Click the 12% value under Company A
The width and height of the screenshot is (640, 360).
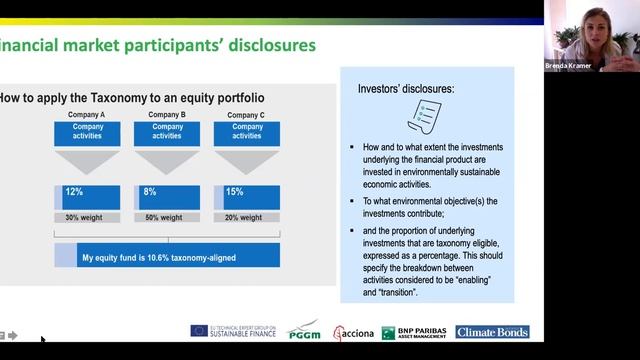(x=73, y=191)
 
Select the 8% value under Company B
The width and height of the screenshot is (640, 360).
(x=150, y=191)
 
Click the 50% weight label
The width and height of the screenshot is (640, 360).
(x=165, y=217)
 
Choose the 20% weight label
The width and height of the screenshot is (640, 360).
(x=245, y=217)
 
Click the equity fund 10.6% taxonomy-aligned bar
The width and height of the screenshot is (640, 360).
(x=167, y=255)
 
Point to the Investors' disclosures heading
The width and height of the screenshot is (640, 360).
(x=406, y=88)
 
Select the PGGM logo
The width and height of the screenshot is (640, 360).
(x=304, y=331)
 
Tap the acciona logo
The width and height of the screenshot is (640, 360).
(x=354, y=332)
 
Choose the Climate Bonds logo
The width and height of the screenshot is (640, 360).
(x=492, y=332)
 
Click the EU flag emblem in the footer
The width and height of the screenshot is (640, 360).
(x=199, y=331)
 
